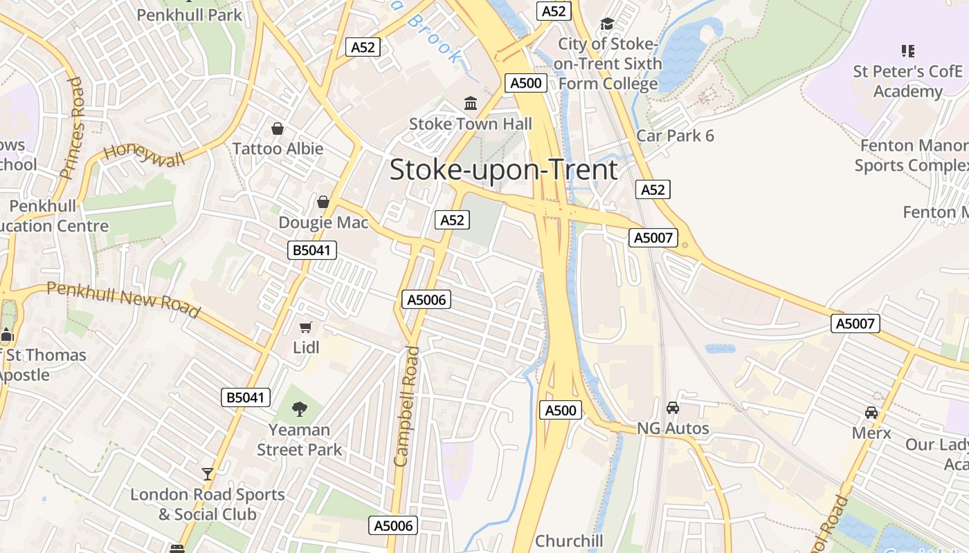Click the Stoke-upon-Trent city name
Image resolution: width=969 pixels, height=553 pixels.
click(x=503, y=170)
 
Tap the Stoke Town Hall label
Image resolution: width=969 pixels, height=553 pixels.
click(x=471, y=124)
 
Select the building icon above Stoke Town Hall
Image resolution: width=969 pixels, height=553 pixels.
click(x=471, y=104)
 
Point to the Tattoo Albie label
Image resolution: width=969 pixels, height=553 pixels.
click(x=278, y=149)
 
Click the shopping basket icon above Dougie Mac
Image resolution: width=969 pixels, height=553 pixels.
click(x=323, y=202)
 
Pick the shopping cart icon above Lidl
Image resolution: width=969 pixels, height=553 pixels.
click(x=306, y=326)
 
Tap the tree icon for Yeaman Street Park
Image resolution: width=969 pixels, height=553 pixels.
click(x=300, y=409)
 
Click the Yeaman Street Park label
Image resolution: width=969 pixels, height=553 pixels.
click(x=300, y=440)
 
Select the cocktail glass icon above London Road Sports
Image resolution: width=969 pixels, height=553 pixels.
click(x=208, y=474)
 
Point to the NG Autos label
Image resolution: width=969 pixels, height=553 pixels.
click(x=673, y=429)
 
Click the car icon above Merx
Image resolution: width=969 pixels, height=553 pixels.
click(x=871, y=413)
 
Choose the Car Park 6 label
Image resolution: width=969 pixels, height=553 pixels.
click(x=675, y=135)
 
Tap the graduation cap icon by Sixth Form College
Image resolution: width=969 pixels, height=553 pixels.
click(x=607, y=24)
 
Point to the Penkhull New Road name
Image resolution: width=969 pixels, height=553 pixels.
click(x=123, y=299)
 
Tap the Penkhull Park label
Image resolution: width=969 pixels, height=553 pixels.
click(x=189, y=15)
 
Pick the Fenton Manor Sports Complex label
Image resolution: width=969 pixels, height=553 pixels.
click(x=912, y=156)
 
